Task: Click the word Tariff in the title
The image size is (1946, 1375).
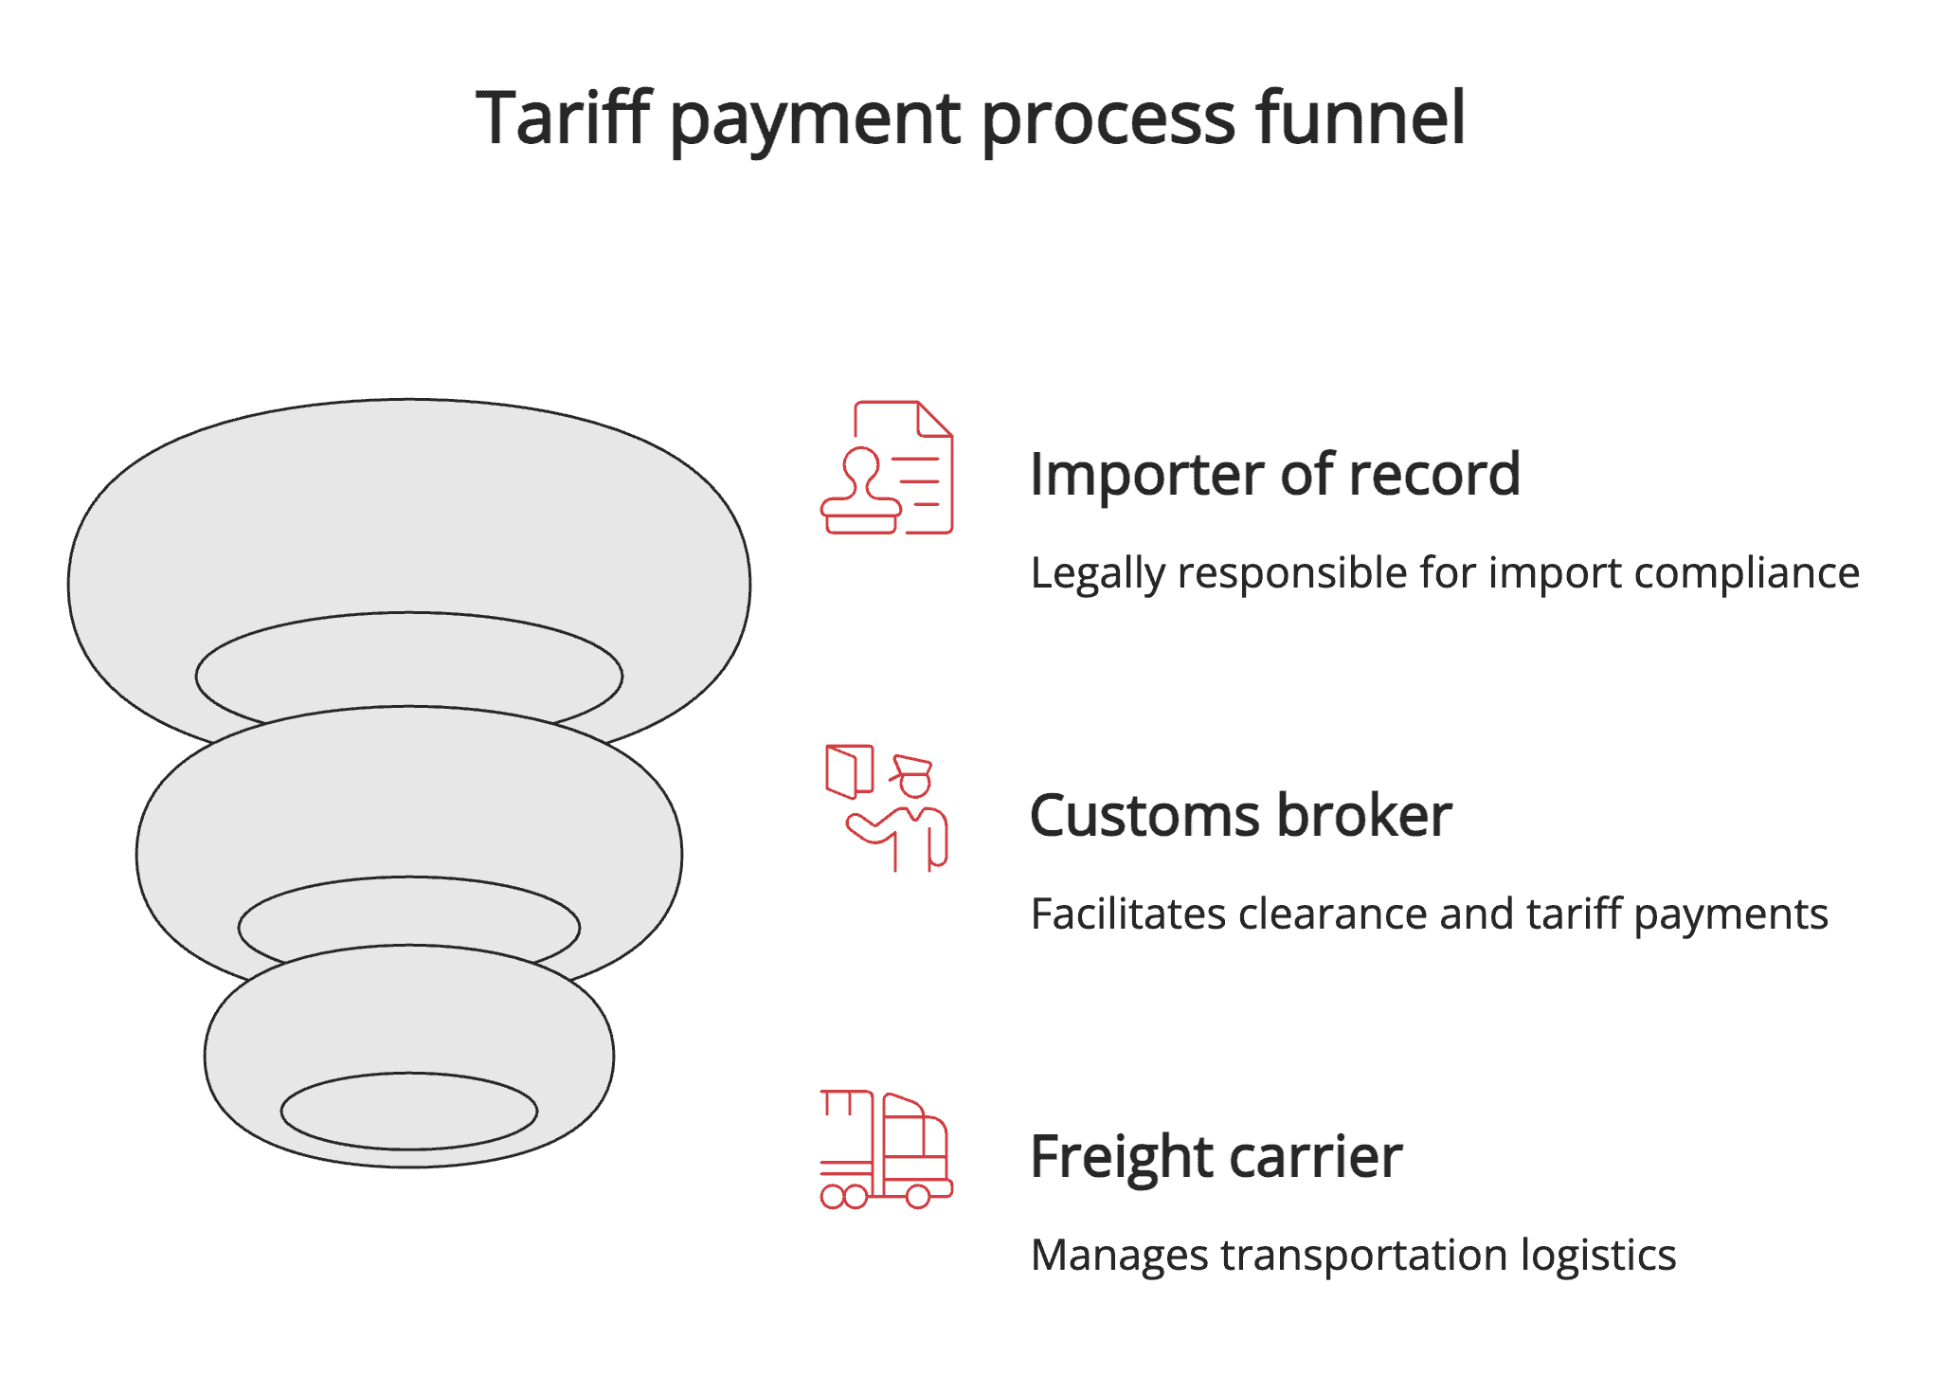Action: click(x=563, y=118)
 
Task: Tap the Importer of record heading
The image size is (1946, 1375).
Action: click(x=1274, y=474)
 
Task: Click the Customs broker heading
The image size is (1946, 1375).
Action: click(x=1240, y=815)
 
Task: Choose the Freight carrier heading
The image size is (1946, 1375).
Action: click(x=1216, y=1156)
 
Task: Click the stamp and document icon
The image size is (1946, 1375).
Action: click(x=887, y=468)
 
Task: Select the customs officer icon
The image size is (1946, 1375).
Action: click(x=887, y=808)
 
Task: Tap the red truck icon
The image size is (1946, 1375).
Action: click(x=886, y=1149)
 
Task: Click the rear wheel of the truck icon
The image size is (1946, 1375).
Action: click(x=917, y=1197)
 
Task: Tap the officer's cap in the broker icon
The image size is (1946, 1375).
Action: click(x=912, y=765)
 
